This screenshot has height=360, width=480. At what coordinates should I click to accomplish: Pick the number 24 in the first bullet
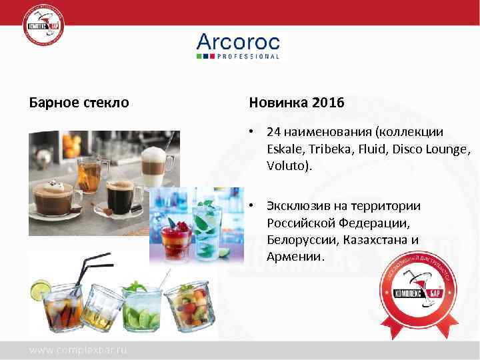click(x=273, y=132)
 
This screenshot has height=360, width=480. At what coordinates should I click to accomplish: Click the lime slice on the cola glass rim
click(x=40, y=290)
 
